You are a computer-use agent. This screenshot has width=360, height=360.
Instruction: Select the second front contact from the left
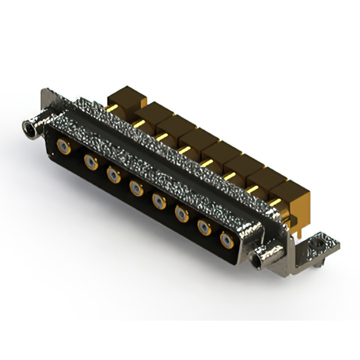coord(90,162)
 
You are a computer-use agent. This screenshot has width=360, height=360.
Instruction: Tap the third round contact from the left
coord(113,174)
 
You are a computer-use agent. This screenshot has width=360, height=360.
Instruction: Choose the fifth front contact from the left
coord(159,200)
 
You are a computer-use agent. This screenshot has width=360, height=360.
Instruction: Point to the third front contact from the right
coord(182,213)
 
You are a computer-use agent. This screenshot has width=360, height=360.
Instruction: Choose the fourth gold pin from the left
coord(184,149)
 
